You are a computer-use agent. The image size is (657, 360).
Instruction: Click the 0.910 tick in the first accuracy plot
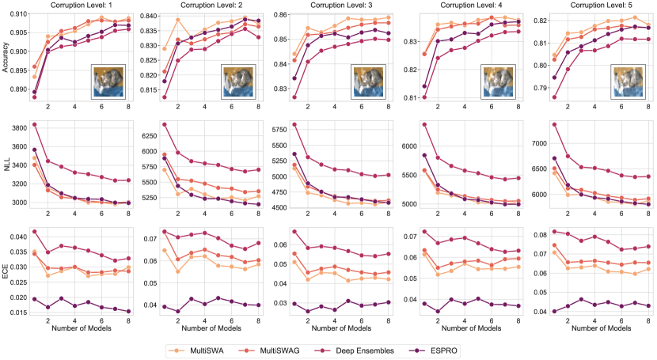tap(17, 13)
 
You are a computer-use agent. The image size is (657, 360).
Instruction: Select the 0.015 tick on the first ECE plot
tap(17, 313)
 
